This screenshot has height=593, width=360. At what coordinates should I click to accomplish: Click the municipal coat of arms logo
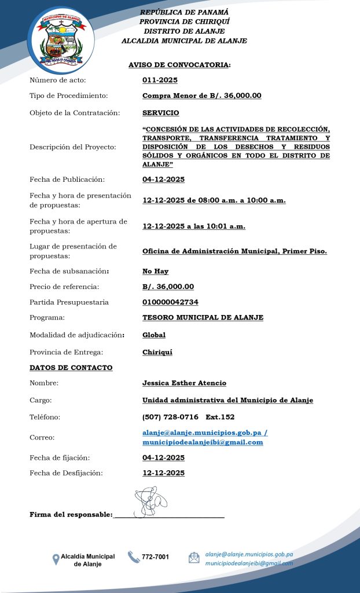[x=61, y=39]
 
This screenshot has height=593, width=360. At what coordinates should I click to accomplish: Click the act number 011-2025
[x=160, y=80]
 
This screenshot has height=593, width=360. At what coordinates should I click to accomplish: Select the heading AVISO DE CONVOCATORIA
[x=179, y=65]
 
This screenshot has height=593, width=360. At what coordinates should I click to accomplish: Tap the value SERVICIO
[x=161, y=113]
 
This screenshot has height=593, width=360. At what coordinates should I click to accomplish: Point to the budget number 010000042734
[x=170, y=302]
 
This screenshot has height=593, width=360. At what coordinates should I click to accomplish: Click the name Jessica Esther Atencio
[x=184, y=383]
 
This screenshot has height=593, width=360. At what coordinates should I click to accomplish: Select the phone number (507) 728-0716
[x=170, y=417]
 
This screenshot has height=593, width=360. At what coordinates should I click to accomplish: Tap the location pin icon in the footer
[x=56, y=559]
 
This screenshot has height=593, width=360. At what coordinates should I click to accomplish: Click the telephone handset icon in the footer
[x=134, y=557]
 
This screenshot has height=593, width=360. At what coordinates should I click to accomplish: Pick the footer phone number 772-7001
[x=156, y=557]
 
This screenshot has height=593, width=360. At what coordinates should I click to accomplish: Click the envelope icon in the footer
[x=194, y=558]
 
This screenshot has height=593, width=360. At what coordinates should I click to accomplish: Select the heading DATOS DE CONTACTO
[x=71, y=368]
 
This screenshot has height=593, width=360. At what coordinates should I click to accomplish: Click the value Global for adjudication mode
[x=154, y=335]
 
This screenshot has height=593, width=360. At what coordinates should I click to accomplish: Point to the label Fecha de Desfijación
[x=66, y=473]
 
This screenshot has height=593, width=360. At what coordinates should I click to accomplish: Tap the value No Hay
[x=156, y=271]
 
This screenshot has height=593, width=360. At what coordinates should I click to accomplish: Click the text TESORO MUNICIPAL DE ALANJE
[x=203, y=317]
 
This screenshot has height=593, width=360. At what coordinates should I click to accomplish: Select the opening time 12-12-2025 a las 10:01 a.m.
[x=194, y=226]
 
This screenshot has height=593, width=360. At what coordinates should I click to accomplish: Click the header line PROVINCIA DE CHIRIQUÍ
[x=184, y=21]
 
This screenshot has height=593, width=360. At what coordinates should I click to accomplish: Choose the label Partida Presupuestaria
[x=69, y=302]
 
